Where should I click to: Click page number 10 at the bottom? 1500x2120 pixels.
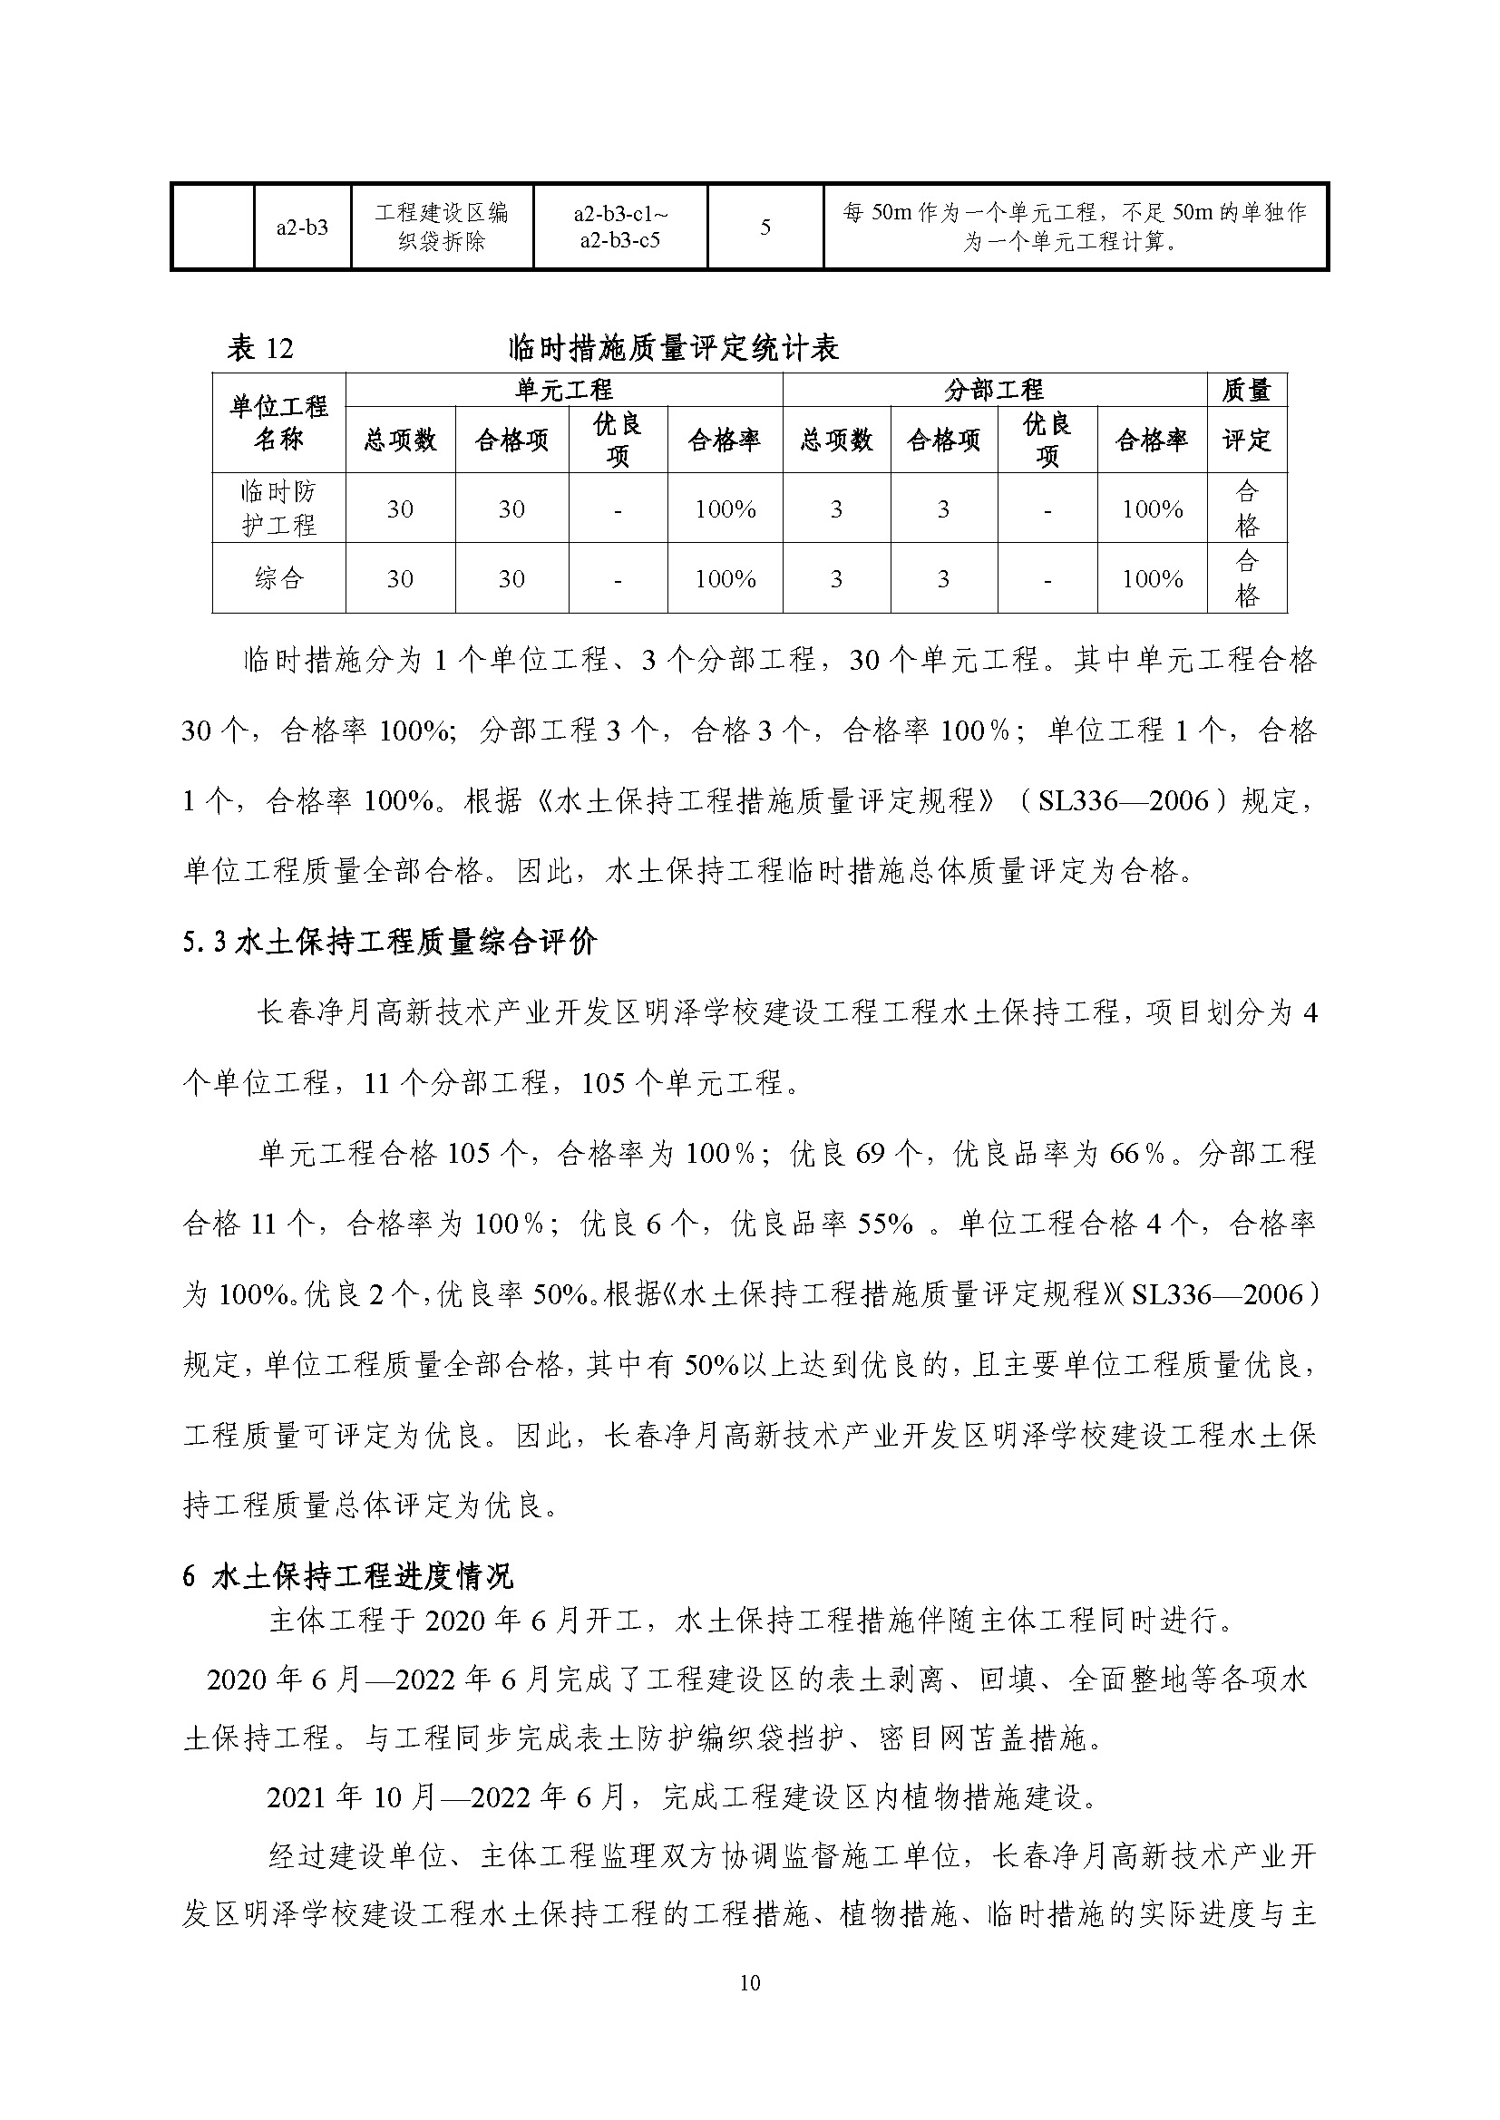point(749,1982)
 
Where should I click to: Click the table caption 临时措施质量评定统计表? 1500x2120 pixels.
point(673,348)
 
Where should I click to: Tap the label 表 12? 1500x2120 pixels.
point(259,348)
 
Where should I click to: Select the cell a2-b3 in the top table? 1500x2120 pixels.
point(302,227)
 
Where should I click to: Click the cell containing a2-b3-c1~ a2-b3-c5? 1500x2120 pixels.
point(619,227)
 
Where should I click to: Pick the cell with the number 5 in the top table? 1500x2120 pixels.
point(765,227)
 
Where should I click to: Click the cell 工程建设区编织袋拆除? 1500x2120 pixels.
point(442,227)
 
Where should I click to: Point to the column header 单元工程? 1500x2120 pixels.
point(563,390)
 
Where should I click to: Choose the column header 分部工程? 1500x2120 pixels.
point(994,390)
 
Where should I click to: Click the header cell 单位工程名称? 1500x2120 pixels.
point(278,423)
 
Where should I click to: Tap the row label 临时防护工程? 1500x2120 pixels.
point(278,508)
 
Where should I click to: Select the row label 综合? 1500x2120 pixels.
point(278,578)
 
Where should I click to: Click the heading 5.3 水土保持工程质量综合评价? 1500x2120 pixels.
point(390,943)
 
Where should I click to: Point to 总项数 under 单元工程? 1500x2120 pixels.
point(400,440)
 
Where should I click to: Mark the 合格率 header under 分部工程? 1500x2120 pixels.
point(1152,440)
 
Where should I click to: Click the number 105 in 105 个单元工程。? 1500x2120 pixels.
point(604,1082)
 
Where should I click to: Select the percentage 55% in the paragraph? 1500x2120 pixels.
point(885,1224)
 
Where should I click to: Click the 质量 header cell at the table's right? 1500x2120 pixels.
point(1246,391)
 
